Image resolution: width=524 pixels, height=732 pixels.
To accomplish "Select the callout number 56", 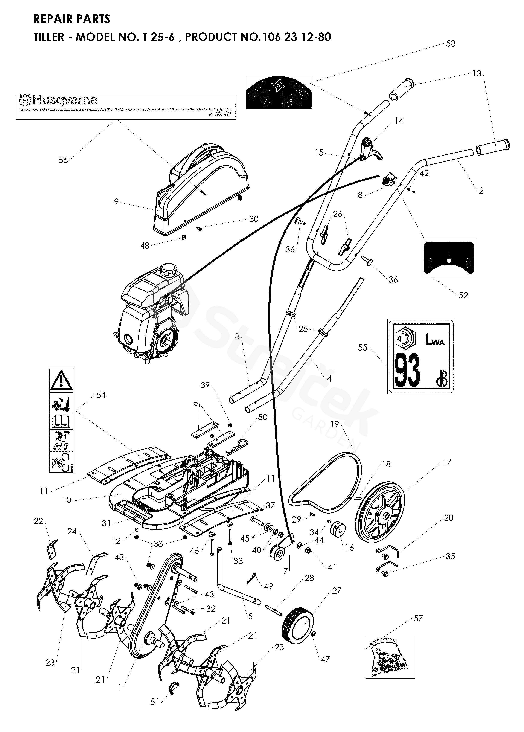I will click(63, 160).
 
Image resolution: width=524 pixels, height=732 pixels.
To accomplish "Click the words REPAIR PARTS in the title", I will click(72, 19).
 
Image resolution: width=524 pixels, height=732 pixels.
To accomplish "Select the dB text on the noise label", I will click(441, 381).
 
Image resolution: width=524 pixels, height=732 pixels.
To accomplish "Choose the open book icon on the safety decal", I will click(61, 421).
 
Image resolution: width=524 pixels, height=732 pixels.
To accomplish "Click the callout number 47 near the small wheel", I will click(325, 659).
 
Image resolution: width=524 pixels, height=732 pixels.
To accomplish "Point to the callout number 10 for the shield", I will click(67, 500).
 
